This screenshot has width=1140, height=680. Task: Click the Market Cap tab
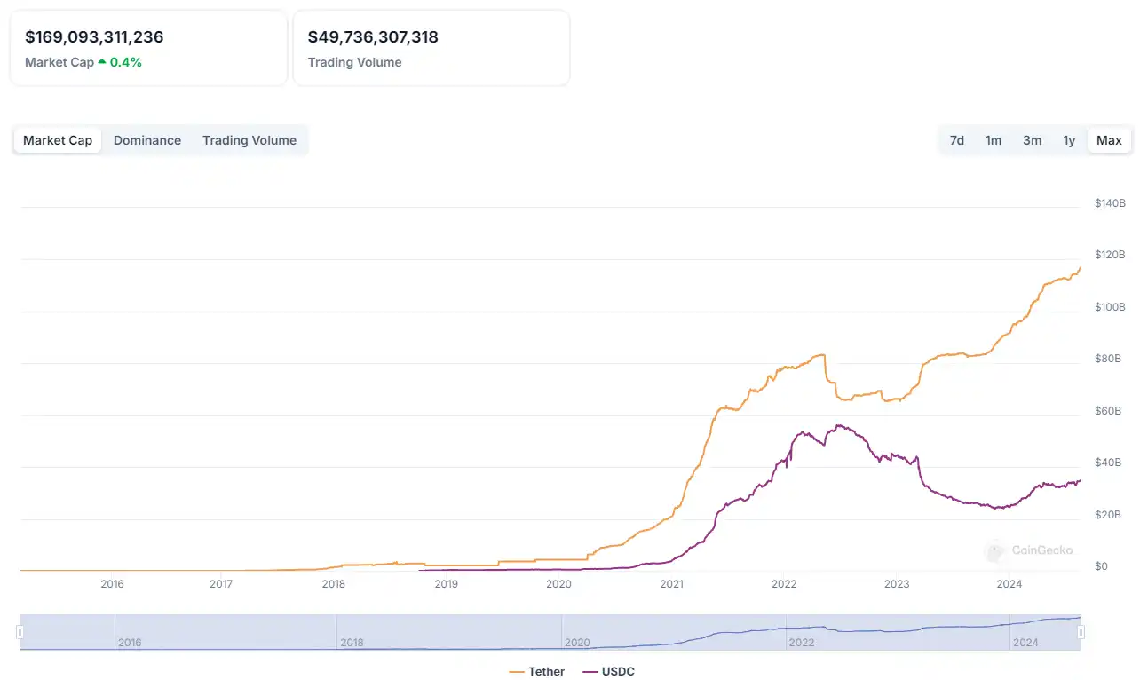pos(58,140)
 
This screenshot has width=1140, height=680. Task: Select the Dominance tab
pos(147,140)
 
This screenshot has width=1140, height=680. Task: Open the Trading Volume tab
pos(249,140)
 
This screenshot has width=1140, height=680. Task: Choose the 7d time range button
pos(957,140)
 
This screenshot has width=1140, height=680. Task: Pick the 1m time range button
pos(994,140)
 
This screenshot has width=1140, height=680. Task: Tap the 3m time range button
pos(1032,140)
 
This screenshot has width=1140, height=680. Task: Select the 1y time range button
pos(1069,140)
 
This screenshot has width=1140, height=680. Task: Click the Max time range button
pos(1109,140)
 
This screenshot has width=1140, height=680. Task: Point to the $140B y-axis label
pos(1110,203)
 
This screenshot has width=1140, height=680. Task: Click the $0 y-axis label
pos(1101,566)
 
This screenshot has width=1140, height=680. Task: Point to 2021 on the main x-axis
pos(671,583)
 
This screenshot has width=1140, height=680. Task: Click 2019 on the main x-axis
pos(446,583)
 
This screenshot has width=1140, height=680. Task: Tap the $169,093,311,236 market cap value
pos(94,37)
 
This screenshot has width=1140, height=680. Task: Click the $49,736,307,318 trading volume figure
pos(373,37)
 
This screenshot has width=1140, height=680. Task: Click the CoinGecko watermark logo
pos(1030,550)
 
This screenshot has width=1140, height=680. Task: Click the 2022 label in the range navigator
pos(802,642)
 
